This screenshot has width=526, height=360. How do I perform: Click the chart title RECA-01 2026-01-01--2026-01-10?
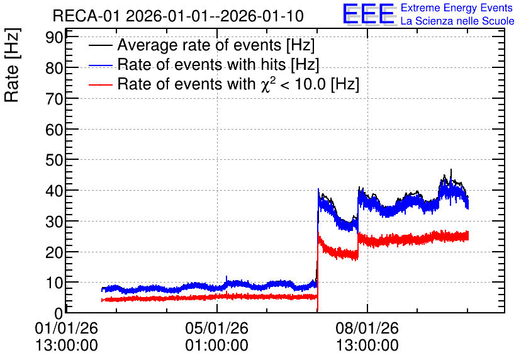pyautogui.click(x=178, y=16)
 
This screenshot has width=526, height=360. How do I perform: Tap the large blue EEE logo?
pyautogui.click(x=369, y=14)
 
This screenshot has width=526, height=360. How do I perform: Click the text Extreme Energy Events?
pyautogui.click(x=457, y=8)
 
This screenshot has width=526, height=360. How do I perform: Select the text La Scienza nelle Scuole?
pyautogui.click(x=457, y=21)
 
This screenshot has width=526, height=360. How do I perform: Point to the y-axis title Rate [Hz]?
pyautogui.click(x=12, y=65)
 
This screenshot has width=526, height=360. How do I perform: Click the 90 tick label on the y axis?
pyautogui.click(x=54, y=37)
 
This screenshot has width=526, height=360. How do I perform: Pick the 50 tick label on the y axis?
pyautogui.click(x=54, y=160)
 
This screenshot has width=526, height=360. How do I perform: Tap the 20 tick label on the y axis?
pyautogui.click(x=54, y=252)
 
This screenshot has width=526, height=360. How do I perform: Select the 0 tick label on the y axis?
pyautogui.click(x=59, y=313)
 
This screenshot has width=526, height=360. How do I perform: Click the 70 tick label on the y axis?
pyautogui.click(x=54, y=99)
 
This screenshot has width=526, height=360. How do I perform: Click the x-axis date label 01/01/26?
pyautogui.click(x=67, y=328)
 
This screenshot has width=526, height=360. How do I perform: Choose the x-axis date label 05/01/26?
pyautogui.click(x=216, y=328)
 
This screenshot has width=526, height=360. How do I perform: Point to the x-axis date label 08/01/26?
pyautogui.click(x=367, y=328)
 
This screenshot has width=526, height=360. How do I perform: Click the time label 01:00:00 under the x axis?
pyautogui.click(x=216, y=346)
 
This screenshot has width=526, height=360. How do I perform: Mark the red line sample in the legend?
pyautogui.click(x=101, y=84)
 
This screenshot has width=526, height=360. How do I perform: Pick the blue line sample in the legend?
pyautogui.click(x=101, y=65)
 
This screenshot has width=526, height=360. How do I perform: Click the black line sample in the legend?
pyautogui.click(x=101, y=46)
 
